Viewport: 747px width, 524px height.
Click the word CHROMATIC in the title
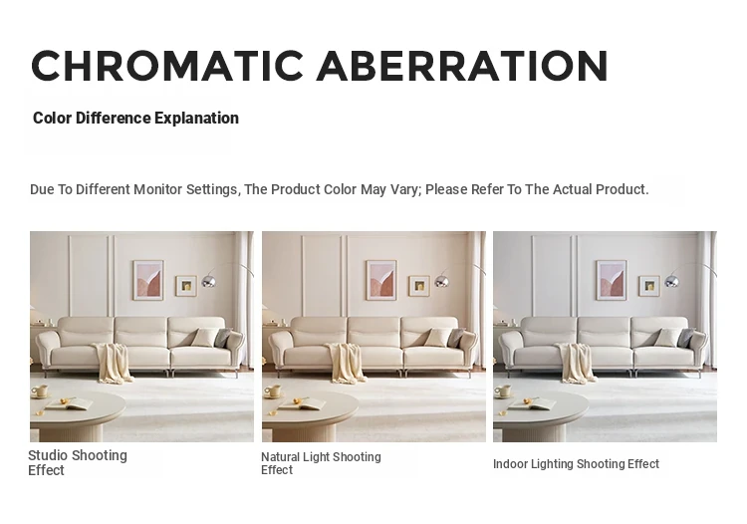click(167, 66)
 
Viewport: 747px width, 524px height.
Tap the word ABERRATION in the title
click(462, 66)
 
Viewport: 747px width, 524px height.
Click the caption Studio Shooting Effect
click(78, 462)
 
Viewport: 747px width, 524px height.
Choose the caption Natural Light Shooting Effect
click(321, 463)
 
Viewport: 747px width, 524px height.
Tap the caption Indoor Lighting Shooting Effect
click(576, 464)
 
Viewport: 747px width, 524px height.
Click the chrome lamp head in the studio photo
click(209, 280)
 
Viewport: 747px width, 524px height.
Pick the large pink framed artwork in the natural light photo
click(381, 280)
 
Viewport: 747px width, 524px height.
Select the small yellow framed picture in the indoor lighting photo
click(649, 286)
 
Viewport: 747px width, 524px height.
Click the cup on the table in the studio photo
click(40, 392)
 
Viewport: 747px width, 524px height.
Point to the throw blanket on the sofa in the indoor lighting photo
click(577, 362)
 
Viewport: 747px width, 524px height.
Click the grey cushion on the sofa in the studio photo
click(223, 338)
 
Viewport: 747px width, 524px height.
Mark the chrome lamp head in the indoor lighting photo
click(671, 280)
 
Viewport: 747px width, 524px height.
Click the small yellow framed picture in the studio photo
click(186, 286)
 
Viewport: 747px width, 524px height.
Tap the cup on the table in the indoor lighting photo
click(503, 392)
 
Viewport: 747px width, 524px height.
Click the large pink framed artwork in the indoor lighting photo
click(612, 280)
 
